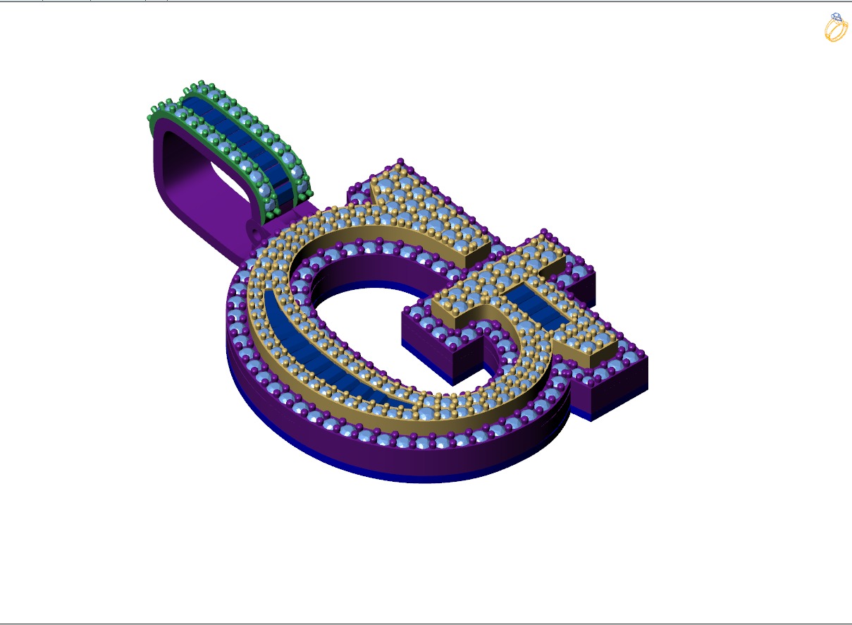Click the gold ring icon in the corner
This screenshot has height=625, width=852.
tap(836, 28)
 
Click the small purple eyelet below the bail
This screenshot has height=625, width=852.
tap(256, 230)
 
